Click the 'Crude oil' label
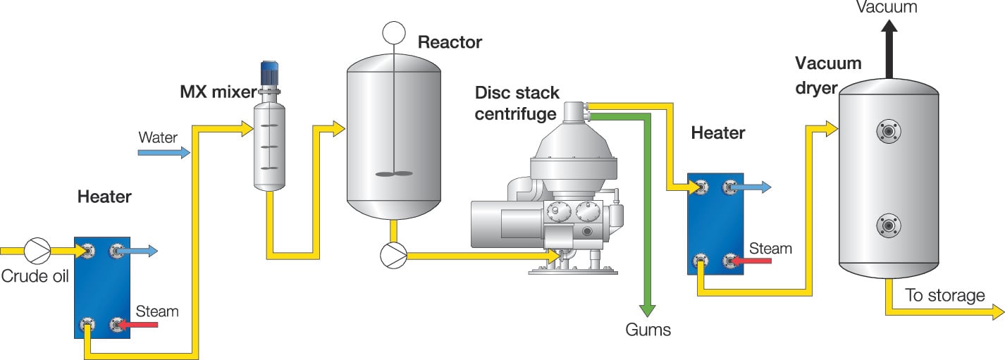(35, 276)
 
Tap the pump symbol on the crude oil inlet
(37, 250)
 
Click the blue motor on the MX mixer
(271, 74)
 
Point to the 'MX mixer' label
(218, 92)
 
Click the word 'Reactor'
(450, 42)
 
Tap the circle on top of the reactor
(393, 32)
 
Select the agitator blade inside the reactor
(393, 173)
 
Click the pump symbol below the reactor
(393, 255)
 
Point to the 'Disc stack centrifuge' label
(517, 103)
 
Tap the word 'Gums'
(648, 330)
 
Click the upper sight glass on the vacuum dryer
(888, 131)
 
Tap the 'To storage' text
(944, 295)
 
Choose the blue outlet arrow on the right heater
(756, 187)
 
